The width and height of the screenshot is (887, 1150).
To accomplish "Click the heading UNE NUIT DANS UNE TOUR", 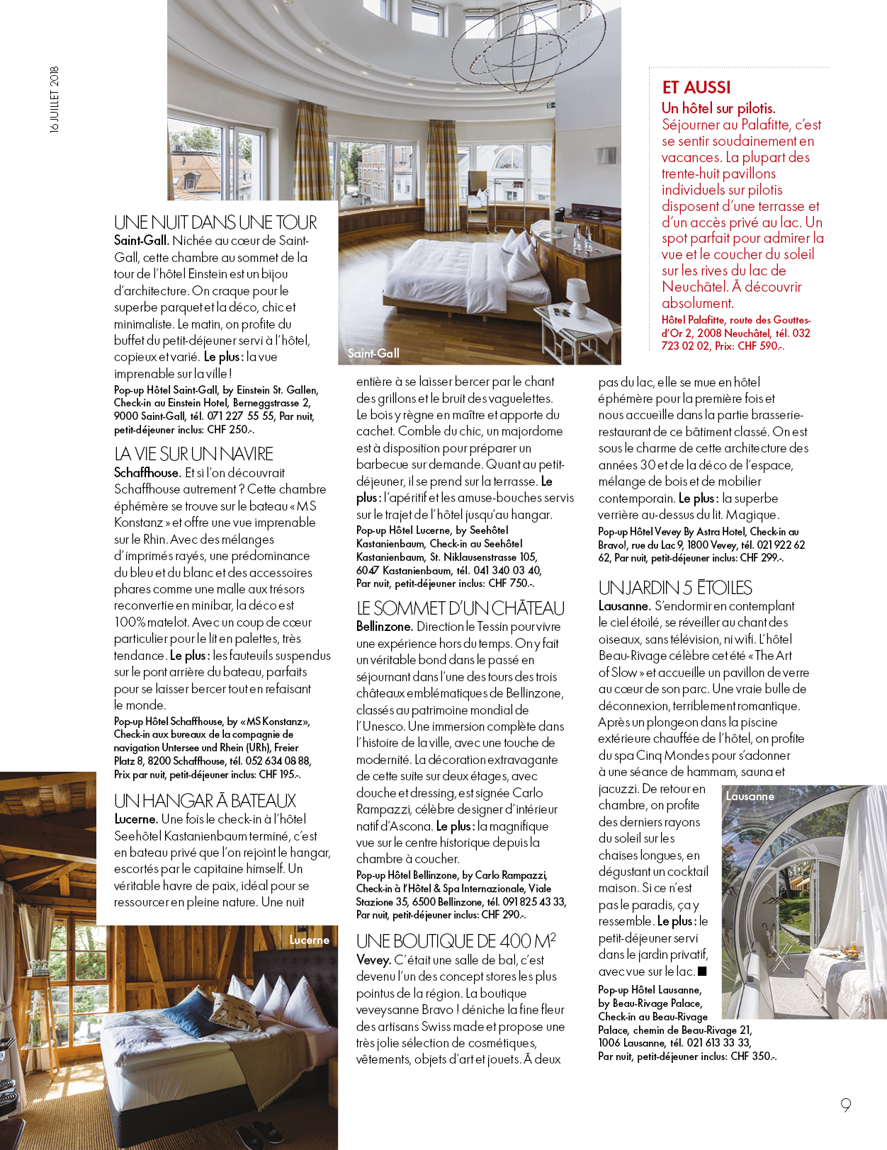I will (215, 222).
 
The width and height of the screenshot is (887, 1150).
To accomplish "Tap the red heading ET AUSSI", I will (696, 88).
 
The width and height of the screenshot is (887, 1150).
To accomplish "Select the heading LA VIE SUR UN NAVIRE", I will (193, 454).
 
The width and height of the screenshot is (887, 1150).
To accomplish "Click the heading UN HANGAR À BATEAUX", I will (205, 801).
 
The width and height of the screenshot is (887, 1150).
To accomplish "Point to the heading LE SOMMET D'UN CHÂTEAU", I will (461, 608).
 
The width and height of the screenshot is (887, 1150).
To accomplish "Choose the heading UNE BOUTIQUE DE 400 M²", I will (456, 941).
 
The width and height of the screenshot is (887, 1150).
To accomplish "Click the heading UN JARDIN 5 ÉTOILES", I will (675, 588).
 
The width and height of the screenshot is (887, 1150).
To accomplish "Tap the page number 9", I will (846, 1105).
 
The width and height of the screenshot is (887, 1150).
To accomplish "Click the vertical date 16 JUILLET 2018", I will (55, 100).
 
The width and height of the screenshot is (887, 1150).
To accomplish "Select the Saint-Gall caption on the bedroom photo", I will (373, 353).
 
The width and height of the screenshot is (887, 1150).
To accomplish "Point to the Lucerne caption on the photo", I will (310, 940).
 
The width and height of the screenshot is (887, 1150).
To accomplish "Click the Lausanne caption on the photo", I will (750, 796).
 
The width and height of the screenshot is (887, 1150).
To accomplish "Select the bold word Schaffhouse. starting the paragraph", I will (147, 472).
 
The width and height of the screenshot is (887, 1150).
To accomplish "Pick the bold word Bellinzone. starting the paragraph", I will (384, 627).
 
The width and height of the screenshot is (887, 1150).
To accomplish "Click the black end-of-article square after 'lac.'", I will (702, 972).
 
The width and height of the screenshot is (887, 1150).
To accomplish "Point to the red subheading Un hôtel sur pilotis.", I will (718, 108).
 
